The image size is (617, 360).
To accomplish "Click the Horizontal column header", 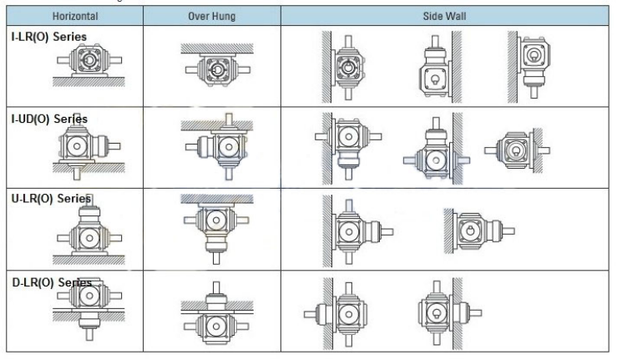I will [74, 16].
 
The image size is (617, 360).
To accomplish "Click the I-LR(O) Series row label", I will [48, 38].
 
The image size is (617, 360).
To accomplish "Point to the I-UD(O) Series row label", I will [49, 119].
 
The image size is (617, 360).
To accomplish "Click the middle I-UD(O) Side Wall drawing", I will [431, 148].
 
